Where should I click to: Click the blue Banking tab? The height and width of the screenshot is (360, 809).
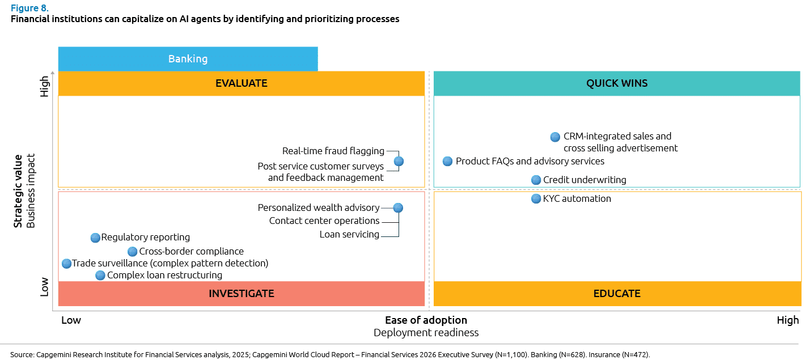click(188, 59)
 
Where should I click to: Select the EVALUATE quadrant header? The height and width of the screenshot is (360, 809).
click(241, 83)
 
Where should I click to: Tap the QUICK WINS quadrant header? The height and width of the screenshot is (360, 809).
click(617, 83)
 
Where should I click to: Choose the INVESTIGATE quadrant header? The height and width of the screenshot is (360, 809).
click(241, 294)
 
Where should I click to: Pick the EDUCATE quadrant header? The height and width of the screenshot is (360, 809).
click(617, 294)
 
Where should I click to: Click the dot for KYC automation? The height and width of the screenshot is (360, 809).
click(536, 198)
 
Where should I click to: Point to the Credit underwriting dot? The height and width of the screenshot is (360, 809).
click(536, 180)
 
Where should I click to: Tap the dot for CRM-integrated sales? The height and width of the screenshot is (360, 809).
click(555, 137)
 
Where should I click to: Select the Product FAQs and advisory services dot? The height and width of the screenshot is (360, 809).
click(447, 161)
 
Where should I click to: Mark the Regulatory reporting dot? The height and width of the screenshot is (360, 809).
click(95, 238)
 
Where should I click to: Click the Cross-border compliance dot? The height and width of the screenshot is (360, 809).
click(132, 251)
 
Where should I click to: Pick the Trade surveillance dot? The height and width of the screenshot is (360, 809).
click(66, 263)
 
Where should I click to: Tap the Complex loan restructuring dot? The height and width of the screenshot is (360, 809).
click(100, 275)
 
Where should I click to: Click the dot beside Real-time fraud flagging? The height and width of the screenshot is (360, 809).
click(399, 161)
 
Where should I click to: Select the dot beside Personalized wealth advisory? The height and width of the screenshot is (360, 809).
click(398, 207)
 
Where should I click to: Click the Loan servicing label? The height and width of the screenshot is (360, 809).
click(349, 234)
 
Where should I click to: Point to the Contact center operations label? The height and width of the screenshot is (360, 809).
click(324, 221)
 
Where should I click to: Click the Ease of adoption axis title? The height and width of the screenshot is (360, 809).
click(426, 320)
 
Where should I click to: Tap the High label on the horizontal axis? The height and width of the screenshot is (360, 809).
click(787, 320)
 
